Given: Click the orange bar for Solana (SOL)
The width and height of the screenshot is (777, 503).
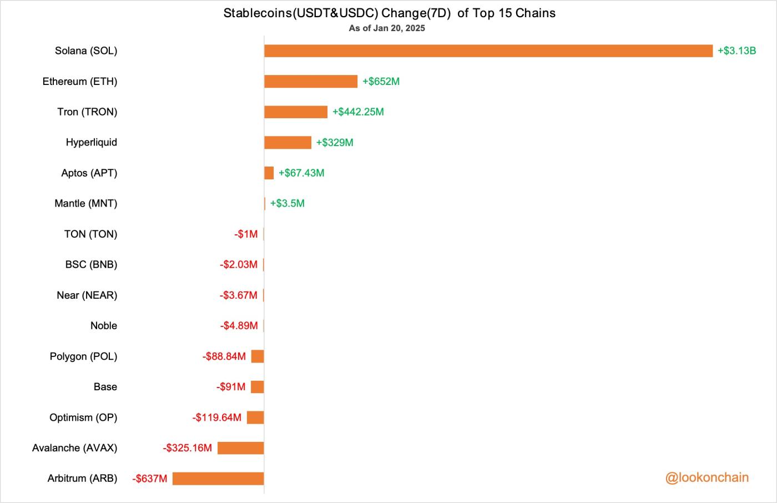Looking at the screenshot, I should pyautogui.click(x=488, y=51).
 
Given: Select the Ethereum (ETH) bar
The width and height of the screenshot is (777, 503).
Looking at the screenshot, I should pyautogui.click(x=311, y=82).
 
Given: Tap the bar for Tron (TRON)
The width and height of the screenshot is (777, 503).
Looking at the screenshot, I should pyautogui.click(x=296, y=112).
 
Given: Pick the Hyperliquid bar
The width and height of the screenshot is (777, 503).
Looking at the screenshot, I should pyautogui.click(x=287, y=143).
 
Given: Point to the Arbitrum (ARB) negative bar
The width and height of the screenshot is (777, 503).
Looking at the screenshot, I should pyautogui.click(x=218, y=479).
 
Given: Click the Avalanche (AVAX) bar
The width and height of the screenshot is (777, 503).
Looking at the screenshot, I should pyautogui.click(x=240, y=448).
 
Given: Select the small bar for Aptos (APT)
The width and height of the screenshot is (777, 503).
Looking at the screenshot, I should pyautogui.click(x=269, y=173).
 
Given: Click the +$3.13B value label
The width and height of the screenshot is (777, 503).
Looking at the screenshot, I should pyautogui.click(x=736, y=51).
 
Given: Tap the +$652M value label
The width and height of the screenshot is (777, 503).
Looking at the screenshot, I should pyautogui.click(x=381, y=82).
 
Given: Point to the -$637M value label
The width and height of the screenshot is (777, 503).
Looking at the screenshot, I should pyautogui.click(x=150, y=479).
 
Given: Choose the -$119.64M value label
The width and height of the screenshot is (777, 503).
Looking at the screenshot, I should pyautogui.click(x=217, y=418).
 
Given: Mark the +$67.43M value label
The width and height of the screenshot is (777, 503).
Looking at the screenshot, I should pyautogui.click(x=301, y=173).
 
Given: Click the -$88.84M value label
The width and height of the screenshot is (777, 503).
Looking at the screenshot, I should pyautogui.click(x=224, y=356).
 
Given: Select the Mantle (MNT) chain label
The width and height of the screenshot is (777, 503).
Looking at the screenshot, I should pyautogui.click(x=86, y=204).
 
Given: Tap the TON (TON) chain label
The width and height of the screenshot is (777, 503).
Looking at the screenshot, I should pyautogui.click(x=90, y=234).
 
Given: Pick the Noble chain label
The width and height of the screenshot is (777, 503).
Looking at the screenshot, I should pyautogui.click(x=104, y=326).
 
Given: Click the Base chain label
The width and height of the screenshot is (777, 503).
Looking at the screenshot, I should pyautogui.click(x=105, y=387).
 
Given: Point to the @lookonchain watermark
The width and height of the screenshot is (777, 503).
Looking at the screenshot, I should pyautogui.click(x=707, y=477).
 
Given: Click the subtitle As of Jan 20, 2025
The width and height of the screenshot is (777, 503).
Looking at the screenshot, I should pyautogui.click(x=387, y=28).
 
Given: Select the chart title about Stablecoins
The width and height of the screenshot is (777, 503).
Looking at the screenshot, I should pyautogui.click(x=389, y=13).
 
